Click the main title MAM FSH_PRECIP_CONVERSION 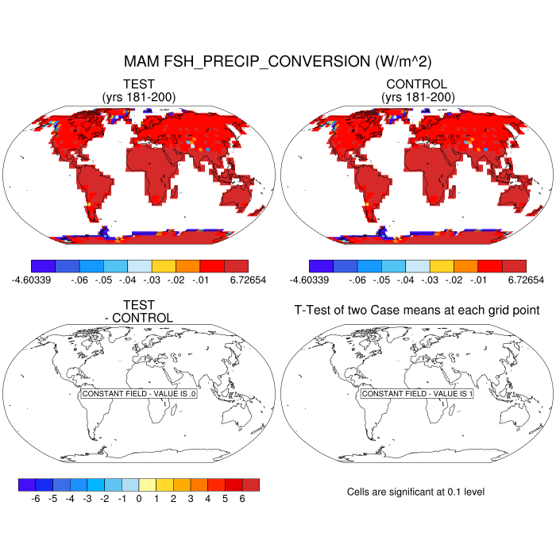(277, 61)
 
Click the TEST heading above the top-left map (139, 84)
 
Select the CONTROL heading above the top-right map (416, 84)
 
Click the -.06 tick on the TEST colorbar (78, 280)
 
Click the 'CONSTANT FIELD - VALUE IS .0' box (139, 394)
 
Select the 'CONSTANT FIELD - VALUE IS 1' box (417, 394)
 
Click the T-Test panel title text (417, 310)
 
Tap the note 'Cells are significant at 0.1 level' (415, 492)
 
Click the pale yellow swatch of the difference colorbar (148, 484)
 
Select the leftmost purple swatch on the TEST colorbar (42, 266)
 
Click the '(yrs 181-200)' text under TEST (139, 97)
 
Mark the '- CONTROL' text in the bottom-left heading (139, 318)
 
